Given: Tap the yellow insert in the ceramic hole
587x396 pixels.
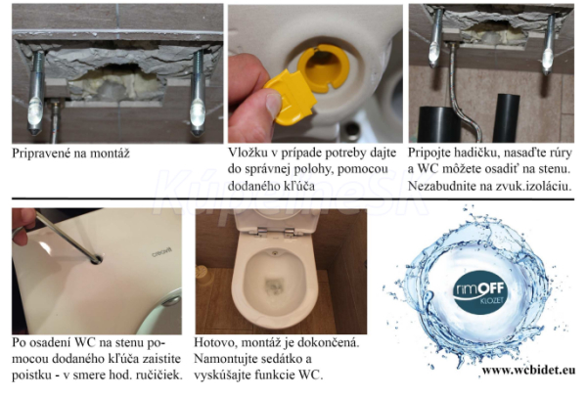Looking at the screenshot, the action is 324,68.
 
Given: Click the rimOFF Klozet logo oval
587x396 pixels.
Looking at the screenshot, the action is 480,292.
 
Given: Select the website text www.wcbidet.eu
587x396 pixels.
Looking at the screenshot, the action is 528,371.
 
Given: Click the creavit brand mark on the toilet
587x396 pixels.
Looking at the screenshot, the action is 161,251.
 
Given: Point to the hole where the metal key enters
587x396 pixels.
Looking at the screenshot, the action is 96,259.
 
